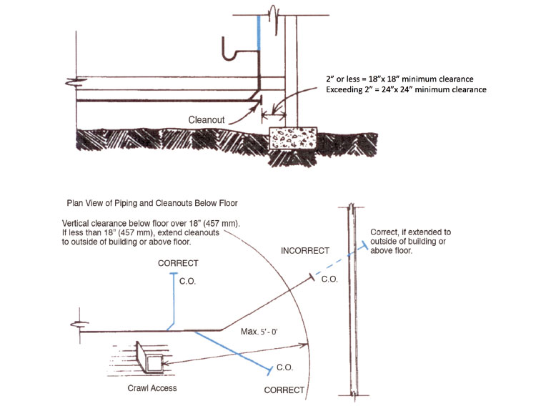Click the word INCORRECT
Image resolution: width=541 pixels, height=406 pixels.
click(x=305, y=251)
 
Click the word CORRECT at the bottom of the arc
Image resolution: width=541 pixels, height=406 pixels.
click(x=284, y=390)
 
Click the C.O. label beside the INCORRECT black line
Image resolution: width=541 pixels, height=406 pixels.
click(x=329, y=279)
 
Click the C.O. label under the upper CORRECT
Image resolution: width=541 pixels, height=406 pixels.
click(x=187, y=282)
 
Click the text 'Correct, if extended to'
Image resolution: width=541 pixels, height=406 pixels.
click(x=410, y=232)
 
